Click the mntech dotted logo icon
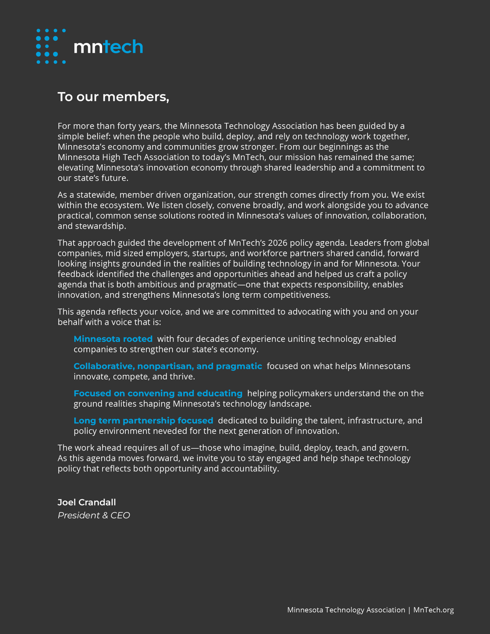pos(51,46)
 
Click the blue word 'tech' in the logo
pos(123,47)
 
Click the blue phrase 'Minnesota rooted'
pos(113,339)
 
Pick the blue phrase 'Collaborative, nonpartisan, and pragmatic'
pos(168,366)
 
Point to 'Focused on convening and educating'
pos(158,393)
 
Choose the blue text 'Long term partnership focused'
pos(143,421)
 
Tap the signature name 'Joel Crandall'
pos(86,502)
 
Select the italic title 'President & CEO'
pos(94,516)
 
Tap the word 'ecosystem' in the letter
pos(121,205)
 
